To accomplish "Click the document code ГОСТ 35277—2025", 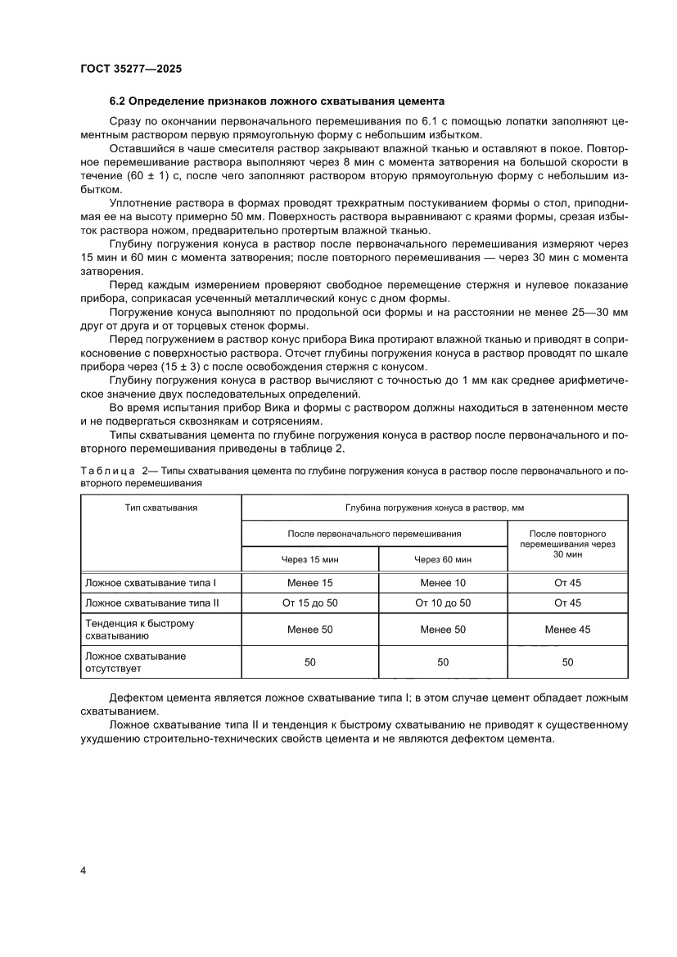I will (x=130, y=70).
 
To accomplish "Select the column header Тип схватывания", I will (x=161, y=508).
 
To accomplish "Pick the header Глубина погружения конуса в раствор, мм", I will (x=435, y=508).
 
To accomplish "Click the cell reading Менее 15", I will (x=309, y=583).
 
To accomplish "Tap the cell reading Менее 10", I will (x=442, y=583).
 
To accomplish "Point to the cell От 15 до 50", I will (x=309, y=603).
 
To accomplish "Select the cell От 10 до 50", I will (x=442, y=603).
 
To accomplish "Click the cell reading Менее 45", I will (x=567, y=630).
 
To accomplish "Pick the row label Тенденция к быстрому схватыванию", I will (x=139, y=630).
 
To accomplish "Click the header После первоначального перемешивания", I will (x=374, y=533).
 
